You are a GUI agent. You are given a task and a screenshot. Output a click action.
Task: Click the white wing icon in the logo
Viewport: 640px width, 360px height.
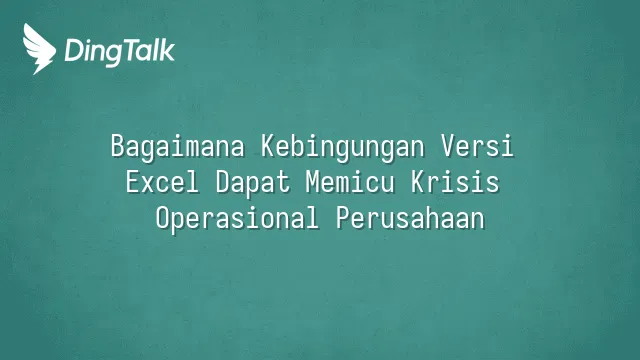pos(38,49)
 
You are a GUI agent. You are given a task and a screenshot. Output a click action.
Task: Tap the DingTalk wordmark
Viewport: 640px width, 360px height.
pos(120,52)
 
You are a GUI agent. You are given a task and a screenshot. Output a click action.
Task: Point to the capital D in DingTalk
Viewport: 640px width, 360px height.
pos(73,50)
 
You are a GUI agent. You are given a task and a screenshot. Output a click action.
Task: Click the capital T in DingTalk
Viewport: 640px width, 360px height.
pos(124,50)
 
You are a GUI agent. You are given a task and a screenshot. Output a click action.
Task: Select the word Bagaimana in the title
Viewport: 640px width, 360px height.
pos(178,147)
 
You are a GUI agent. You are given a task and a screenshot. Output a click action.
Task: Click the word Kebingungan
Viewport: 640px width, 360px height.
pos(342,147)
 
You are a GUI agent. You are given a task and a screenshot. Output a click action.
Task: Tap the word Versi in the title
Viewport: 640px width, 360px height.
pos(477,146)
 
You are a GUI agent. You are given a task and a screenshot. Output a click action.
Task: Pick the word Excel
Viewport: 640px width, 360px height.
pos(162,181)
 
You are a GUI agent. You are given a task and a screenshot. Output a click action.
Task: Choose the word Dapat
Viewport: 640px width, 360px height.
pos(253,183)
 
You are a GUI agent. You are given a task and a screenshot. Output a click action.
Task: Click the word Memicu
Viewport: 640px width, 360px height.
pos(350,181)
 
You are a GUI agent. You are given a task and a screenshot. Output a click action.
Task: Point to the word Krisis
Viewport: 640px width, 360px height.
pos(455,181)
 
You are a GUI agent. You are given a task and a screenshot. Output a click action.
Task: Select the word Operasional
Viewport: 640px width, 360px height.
pos(237,219)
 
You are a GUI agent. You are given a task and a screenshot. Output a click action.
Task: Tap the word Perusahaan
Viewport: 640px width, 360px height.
pos(411,219)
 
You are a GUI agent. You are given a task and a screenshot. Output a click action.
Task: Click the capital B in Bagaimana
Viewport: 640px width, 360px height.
pos(118,146)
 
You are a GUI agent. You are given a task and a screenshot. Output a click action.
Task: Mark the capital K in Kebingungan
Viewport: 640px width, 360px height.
pos(269,146)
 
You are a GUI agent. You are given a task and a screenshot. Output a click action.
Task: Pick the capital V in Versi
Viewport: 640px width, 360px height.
pos(448,146)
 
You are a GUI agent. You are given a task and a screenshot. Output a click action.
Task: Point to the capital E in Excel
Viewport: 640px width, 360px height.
pos(133,181)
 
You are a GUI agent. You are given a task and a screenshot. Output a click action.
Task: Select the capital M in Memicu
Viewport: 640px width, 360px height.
pos(313,181)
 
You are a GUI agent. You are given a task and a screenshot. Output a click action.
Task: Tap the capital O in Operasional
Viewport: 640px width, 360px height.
pos(163,217)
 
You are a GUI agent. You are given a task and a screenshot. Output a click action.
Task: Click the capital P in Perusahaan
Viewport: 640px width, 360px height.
pos(344,217)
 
